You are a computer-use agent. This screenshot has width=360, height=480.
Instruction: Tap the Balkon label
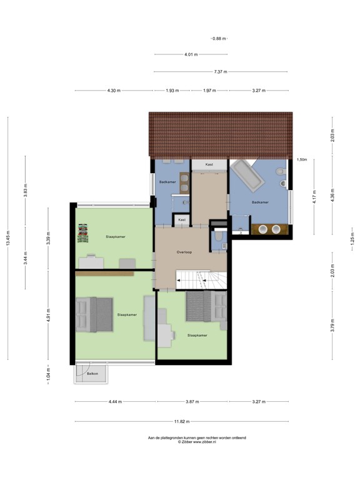point(92,373)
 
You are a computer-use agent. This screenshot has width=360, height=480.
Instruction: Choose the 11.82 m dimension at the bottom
point(182,421)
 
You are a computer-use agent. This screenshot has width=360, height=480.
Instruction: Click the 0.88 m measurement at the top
point(219,39)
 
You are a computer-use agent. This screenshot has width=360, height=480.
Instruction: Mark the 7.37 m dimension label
point(220,72)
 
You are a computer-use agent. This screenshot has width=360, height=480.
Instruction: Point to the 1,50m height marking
point(302,159)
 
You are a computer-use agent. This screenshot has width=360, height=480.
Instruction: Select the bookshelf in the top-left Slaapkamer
point(81,232)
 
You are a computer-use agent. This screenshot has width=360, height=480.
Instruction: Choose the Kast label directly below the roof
point(209,164)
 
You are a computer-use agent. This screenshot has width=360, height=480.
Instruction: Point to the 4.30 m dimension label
point(114,91)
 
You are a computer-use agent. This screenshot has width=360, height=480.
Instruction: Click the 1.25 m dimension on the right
point(351,240)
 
